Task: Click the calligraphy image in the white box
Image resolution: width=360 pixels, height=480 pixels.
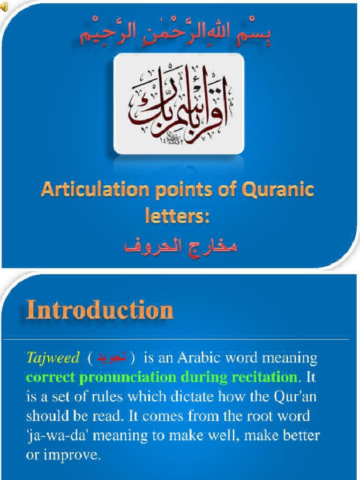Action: [179, 104]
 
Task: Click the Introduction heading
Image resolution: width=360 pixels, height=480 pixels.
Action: [99, 310]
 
